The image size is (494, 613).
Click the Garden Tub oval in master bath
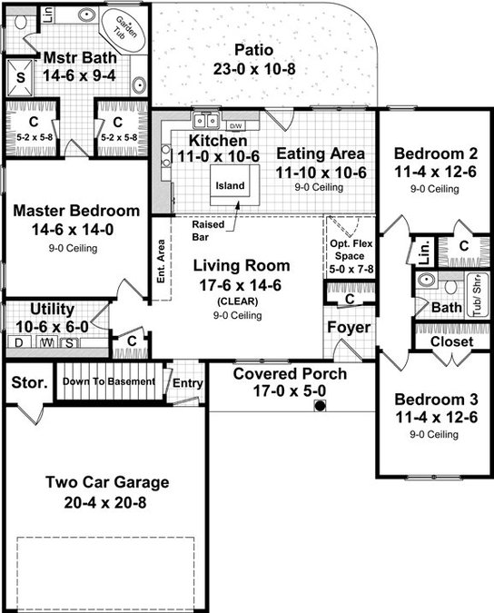(x=123, y=28)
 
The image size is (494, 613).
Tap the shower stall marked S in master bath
(x=20, y=77)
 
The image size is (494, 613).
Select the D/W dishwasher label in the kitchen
(x=235, y=126)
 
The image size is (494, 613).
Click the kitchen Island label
(x=230, y=185)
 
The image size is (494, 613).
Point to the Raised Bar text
(x=208, y=231)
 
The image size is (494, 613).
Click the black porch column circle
(x=320, y=406)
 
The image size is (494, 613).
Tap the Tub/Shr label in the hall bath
(x=478, y=294)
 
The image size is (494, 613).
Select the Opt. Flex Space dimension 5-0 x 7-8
(x=351, y=270)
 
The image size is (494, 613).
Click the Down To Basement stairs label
(x=109, y=381)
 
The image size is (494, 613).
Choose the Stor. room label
(x=29, y=382)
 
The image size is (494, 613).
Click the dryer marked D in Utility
(x=18, y=343)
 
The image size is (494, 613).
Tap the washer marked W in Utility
(x=47, y=343)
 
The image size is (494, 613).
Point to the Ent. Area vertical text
(x=161, y=261)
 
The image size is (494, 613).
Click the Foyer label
(x=349, y=328)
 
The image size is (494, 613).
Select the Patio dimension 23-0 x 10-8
(x=254, y=69)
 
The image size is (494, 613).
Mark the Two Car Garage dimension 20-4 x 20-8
(x=105, y=502)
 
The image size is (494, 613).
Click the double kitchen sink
(x=205, y=120)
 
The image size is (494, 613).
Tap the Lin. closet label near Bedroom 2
(x=424, y=252)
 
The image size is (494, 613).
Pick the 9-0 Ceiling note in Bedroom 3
(x=434, y=434)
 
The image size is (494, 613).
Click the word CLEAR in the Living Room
(x=238, y=302)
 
